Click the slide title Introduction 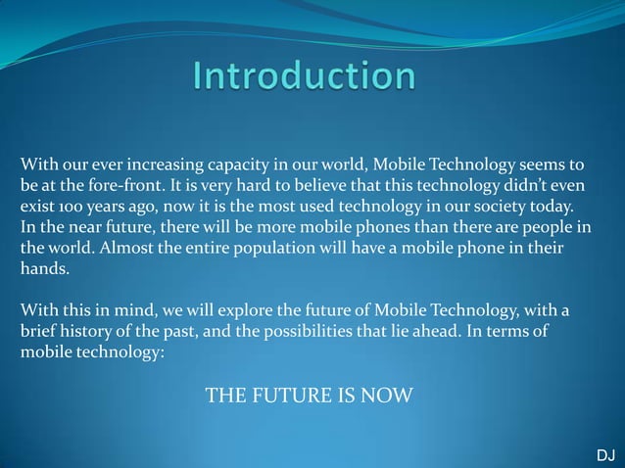[304, 76]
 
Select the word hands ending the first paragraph [43, 271]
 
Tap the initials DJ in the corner [605, 456]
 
